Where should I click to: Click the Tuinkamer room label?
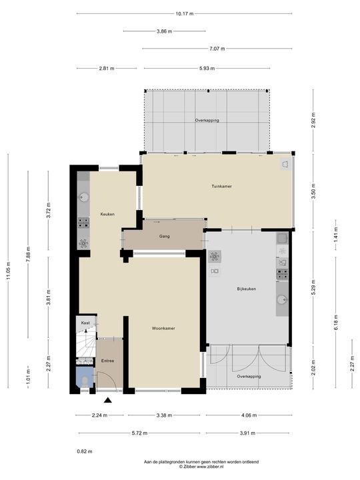click(x=221, y=186)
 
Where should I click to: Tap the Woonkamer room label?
click(x=163, y=328)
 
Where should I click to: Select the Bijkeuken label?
click(x=246, y=289)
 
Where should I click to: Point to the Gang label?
click(x=165, y=236)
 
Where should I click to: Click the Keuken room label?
click(x=107, y=214)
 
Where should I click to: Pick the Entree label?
click(x=107, y=361)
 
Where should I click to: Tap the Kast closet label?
click(x=85, y=323)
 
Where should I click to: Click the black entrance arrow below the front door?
click(x=107, y=400)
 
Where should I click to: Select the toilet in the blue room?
click(x=85, y=381)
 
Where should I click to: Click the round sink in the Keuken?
click(x=83, y=197)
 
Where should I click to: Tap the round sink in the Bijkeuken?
click(x=282, y=299)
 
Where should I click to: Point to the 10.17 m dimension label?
click(x=185, y=13)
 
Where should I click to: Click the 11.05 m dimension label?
click(x=8, y=271)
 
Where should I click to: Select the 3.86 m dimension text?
click(x=165, y=31)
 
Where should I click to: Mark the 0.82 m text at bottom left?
click(x=85, y=451)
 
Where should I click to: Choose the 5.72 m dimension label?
click(x=139, y=433)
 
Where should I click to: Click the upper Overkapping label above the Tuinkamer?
click(x=207, y=120)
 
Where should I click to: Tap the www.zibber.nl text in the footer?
click(x=210, y=467)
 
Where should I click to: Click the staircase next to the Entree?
click(x=86, y=345)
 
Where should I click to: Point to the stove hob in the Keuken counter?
click(x=83, y=223)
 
